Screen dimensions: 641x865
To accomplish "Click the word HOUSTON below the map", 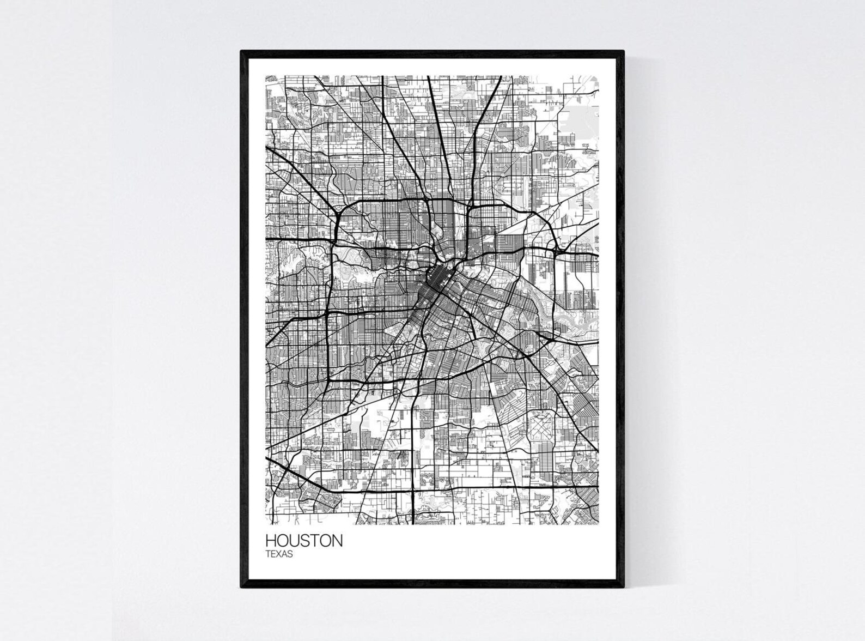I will pos(304,541).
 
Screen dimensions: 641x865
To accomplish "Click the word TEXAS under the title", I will pos(279,554).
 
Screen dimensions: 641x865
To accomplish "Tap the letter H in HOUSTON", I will pos(271,541).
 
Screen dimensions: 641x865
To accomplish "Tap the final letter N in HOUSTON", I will pos(337,541).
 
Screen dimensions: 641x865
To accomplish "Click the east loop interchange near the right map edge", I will pos(556,251).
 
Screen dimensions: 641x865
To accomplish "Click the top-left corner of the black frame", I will pos(242,51).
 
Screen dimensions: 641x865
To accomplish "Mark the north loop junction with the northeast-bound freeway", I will pos(468,206).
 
